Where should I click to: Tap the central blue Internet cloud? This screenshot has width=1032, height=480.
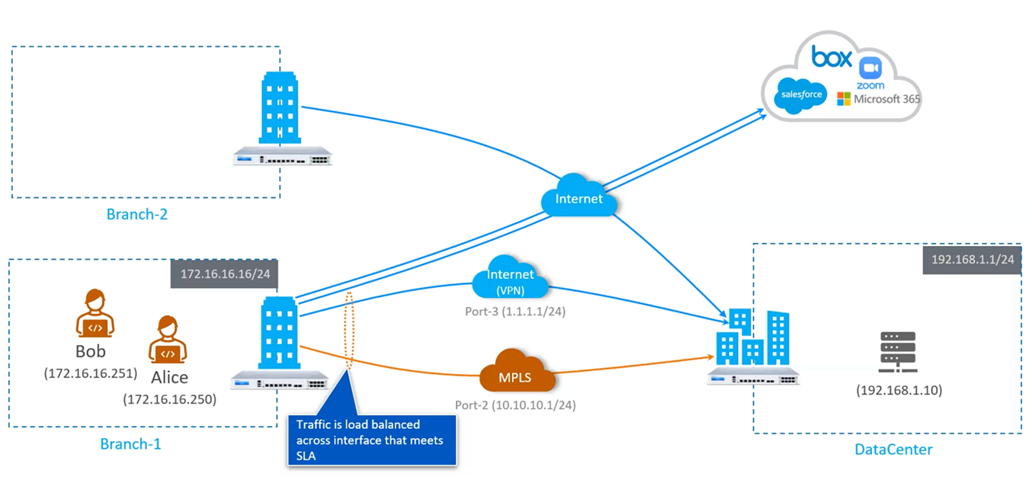578,198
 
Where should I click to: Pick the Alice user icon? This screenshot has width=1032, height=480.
167,341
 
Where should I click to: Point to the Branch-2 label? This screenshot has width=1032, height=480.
137,214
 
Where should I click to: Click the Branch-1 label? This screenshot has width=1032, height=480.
130,443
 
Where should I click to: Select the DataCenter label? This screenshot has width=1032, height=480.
893,450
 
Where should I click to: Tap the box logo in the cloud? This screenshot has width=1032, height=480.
832,56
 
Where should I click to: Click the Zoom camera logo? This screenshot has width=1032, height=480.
870,68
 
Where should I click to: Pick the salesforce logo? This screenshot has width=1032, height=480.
798,95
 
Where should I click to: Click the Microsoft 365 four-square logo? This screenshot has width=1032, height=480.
844,99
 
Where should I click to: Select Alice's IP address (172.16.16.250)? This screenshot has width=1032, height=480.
169,398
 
